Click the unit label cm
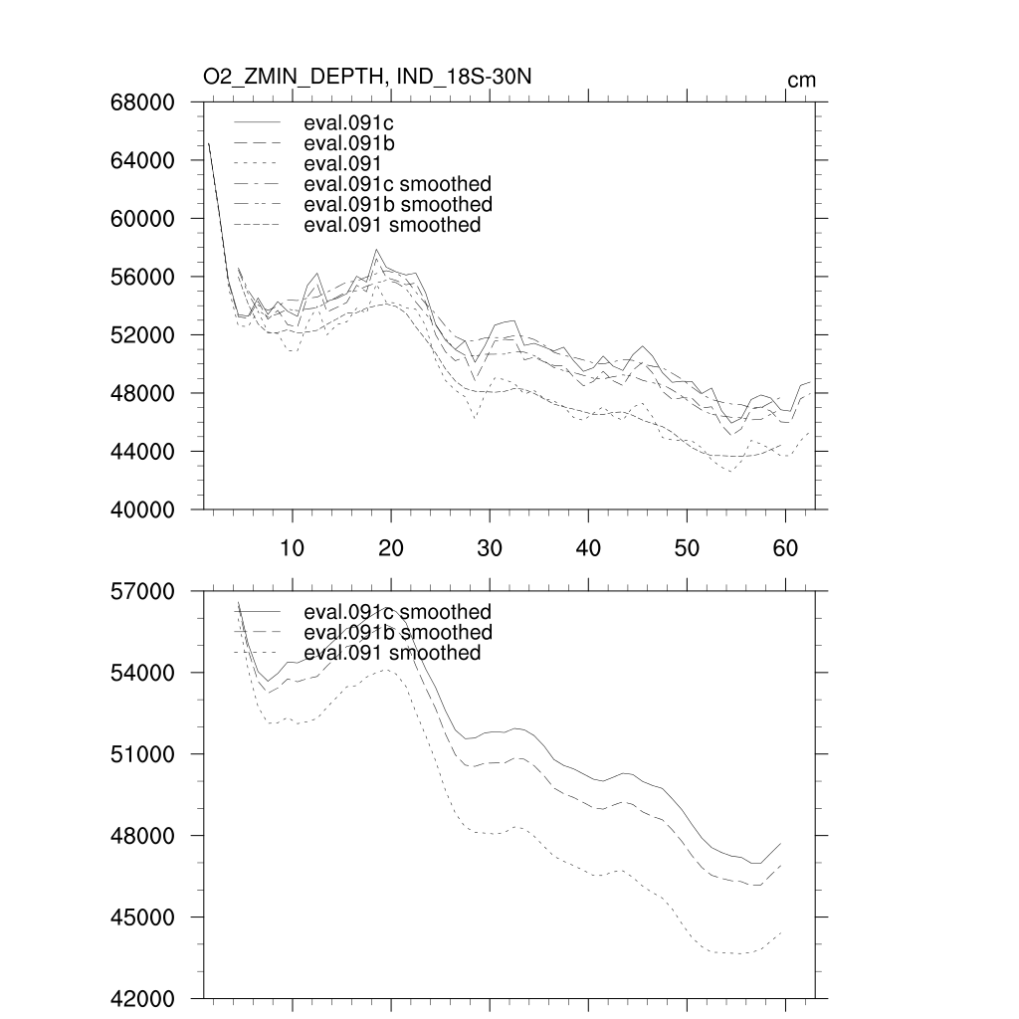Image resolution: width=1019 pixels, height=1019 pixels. point(801,80)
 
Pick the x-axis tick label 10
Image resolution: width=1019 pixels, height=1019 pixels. point(292,546)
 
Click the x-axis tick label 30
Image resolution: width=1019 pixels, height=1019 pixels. point(489,546)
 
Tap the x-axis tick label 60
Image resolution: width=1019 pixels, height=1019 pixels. point(785,546)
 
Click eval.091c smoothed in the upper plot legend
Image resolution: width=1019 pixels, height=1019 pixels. point(397,184)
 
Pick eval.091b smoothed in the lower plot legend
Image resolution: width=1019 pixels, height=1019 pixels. point(397,632)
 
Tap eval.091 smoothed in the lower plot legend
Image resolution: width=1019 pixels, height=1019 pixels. point(392,653)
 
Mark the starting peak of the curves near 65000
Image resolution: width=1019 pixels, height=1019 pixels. point(209,144)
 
